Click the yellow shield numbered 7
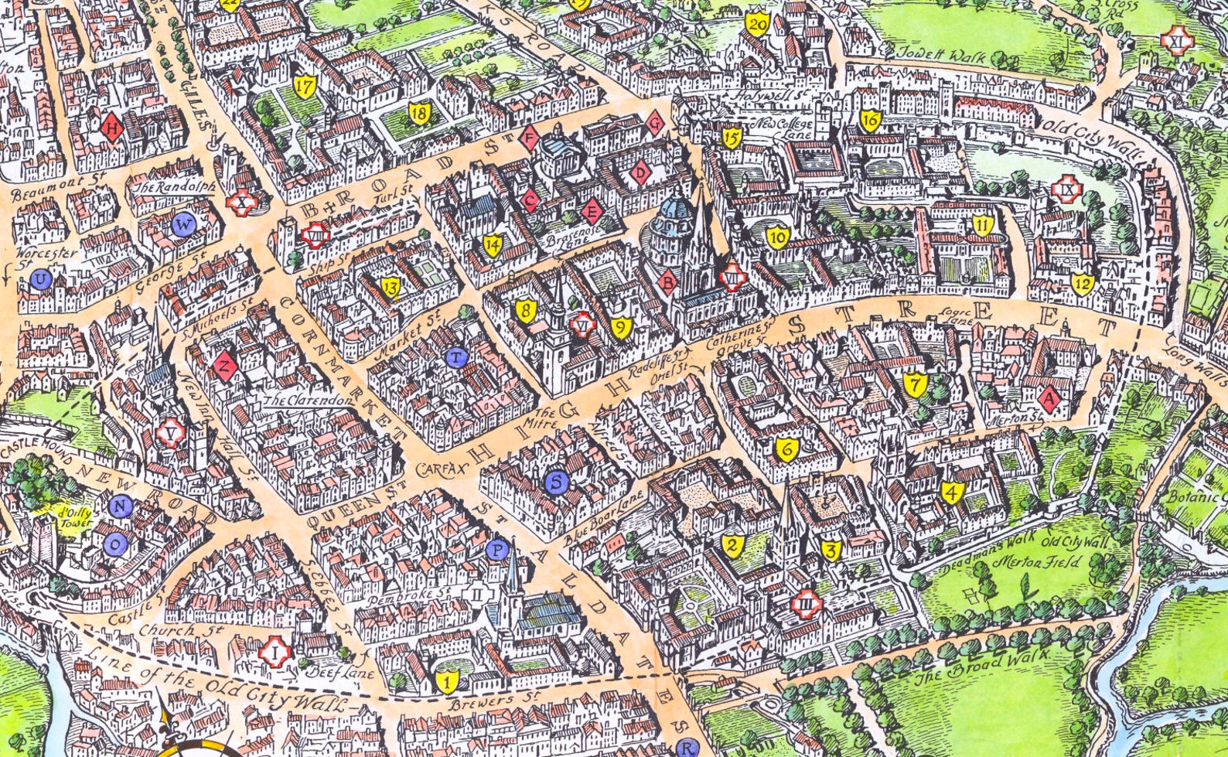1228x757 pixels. (915, 384)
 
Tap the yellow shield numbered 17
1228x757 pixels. (305, 87)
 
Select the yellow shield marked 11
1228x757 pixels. (982, 227)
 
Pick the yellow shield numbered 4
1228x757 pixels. (952, 493)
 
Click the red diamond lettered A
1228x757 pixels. (1049, 399)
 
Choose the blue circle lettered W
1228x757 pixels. (184, 226)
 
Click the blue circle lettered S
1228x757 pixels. (557, 483)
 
